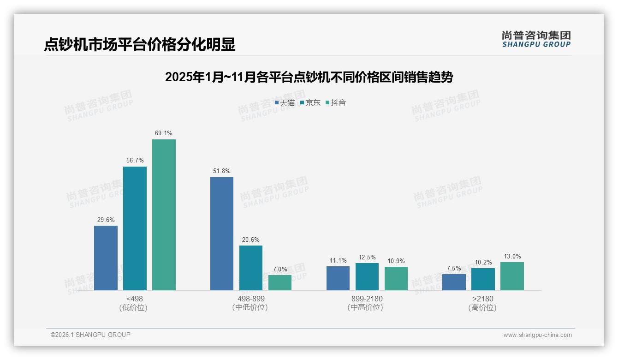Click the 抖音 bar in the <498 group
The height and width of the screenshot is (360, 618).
164,215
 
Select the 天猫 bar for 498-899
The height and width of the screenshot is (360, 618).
222,234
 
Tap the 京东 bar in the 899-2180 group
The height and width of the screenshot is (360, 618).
367,276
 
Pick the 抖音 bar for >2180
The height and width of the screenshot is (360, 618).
512,276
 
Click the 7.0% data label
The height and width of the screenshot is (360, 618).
280,269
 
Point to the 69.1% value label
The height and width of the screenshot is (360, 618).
164,133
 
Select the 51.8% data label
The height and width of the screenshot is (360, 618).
222,171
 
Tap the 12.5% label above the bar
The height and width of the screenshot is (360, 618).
367,257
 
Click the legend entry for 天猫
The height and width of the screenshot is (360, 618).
285,102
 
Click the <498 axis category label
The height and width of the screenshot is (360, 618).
134,299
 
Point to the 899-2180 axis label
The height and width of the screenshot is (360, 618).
367,299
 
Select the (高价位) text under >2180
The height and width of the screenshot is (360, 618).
482,307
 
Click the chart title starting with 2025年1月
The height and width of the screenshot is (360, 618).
309,77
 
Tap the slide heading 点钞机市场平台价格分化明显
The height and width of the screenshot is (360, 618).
140,44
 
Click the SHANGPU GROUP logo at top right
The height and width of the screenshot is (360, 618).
536,39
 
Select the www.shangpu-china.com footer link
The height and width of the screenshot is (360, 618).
537,335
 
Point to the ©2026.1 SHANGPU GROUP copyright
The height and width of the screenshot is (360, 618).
90,335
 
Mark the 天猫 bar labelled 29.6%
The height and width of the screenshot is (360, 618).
106,258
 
